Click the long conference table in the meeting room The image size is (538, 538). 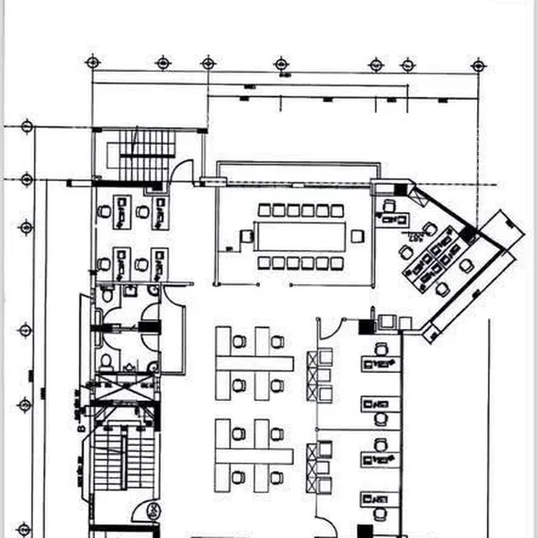click(x=301, y=236)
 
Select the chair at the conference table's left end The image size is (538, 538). click(x=247, y=237)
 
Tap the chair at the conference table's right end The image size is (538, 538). click(x=358, y=236)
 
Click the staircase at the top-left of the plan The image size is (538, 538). click(x=147, y=154)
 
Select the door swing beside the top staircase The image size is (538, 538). click(x=182, y=171)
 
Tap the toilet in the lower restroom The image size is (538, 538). click(x=107, y=360)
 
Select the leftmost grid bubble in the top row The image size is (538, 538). click(x=92, y=62)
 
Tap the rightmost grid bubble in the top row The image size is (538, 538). click(x=478, y=64)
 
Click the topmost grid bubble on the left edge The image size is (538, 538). click(x=26, y=126)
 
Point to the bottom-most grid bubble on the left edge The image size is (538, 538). click(x=24, y=529)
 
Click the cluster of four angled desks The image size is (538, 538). click(x=430, y=260)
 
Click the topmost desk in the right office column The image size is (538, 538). click(x=381, y=364)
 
